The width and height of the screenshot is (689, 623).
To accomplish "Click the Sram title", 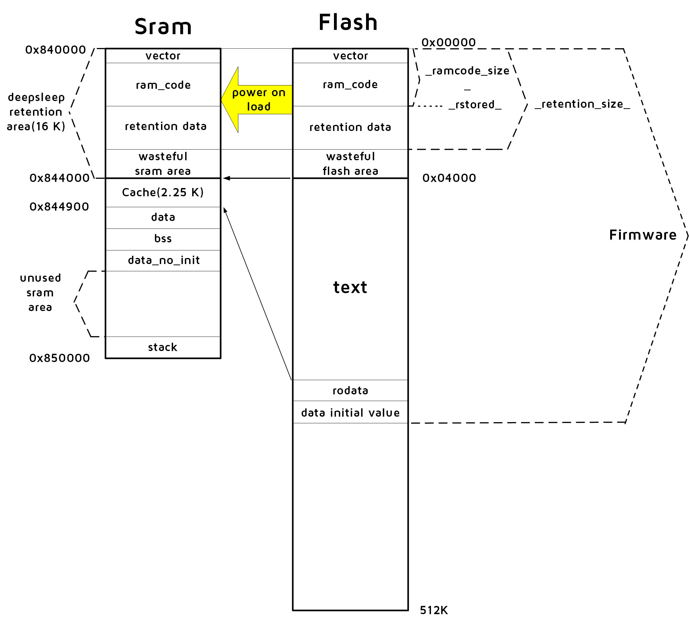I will (163, 27).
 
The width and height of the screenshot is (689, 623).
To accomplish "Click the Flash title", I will (348, 23).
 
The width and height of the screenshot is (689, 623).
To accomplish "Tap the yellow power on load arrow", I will (258, 99).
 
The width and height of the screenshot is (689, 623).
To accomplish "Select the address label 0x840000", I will (55, 50).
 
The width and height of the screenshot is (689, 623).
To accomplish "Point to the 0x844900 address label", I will (59, 207).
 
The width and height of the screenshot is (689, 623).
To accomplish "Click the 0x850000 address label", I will (60, 358).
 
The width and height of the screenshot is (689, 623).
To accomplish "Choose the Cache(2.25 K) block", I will (163, 193).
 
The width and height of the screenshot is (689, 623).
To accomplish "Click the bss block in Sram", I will (163, 239).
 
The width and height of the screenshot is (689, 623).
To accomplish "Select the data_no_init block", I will (163, 260).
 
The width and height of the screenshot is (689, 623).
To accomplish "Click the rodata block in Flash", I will (350, 390).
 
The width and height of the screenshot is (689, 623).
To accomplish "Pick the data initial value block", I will (350, 413).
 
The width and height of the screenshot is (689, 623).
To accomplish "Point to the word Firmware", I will (643, 235).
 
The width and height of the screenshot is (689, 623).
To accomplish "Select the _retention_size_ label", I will (582, 104).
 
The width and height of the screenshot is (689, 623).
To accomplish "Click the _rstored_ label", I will (475, 104).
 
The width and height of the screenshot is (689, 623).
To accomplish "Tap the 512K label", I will (434, 610).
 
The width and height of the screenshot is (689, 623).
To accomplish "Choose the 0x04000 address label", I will (449, 178).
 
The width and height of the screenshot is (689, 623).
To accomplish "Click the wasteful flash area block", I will (350, 164).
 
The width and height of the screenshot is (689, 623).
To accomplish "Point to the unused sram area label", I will (40, 292).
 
